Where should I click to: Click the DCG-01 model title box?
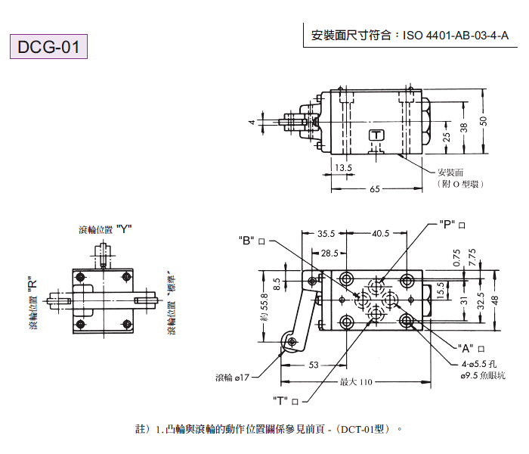pos(49,47)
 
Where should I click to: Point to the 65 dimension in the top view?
pos(376,190)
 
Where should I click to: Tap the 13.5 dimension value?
pos(343,167)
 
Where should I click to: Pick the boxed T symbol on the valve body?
pos(376,135)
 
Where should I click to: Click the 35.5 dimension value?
pos(326,233)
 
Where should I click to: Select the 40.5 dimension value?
pos(381,233)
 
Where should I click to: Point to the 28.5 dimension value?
pos(329,253)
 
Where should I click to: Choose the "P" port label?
pos(449,225)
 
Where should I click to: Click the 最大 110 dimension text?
pos(356,382)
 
